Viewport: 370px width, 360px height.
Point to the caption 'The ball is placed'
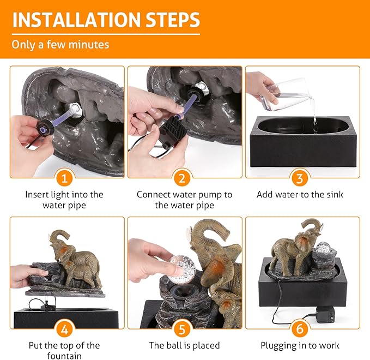184,345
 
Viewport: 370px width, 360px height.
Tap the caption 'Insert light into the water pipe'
64,200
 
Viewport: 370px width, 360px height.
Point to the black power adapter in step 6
327,316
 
